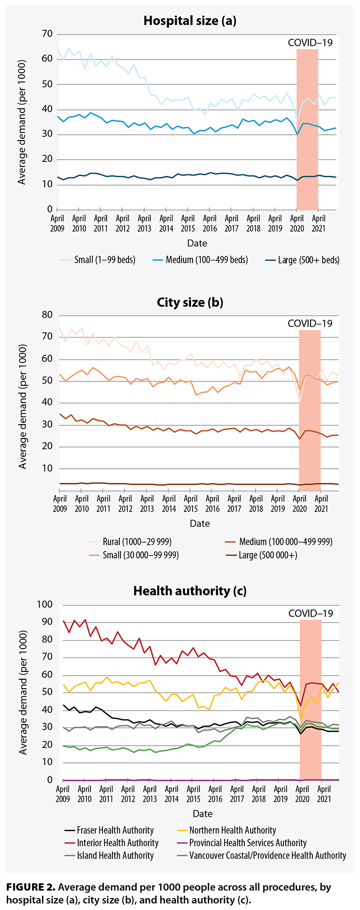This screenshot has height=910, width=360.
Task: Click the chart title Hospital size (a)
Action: [x=189, y=21]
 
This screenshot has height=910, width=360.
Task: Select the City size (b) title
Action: [x=190, y=302]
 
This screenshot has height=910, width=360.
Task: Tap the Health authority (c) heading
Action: [x=190, y=591]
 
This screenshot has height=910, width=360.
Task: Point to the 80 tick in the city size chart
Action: [x=47, y=315]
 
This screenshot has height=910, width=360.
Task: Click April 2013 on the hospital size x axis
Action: [x=144, y=223]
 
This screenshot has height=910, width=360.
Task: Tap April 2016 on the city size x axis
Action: [x=212, y=503]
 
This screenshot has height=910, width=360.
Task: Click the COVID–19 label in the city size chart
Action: [x=310, y=323]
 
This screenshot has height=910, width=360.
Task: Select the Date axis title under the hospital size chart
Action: [x=197, y=243]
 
